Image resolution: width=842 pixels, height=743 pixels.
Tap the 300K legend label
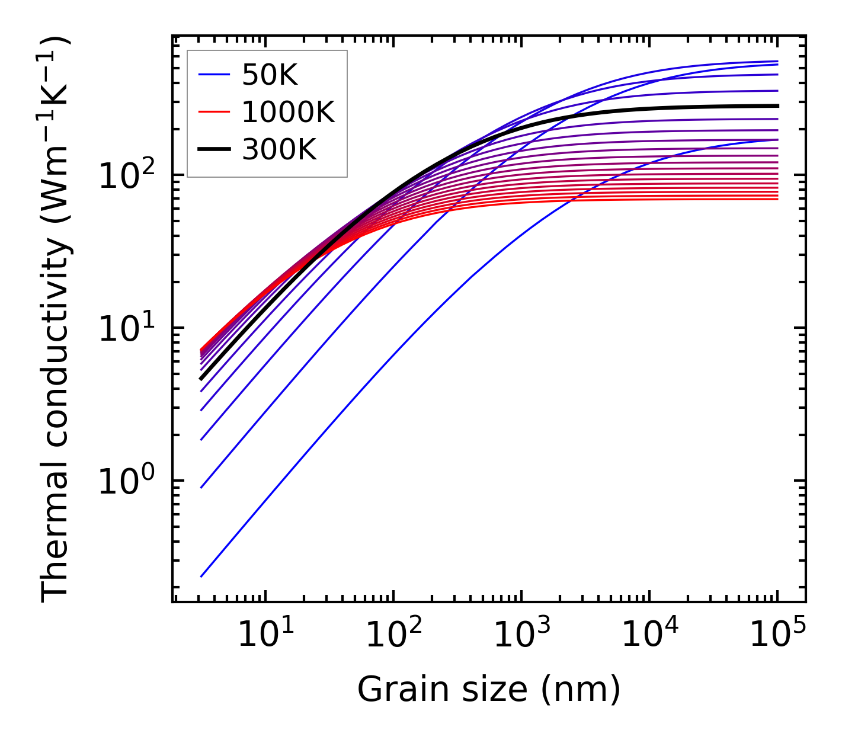coord(279,150)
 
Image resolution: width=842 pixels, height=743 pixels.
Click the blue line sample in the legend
coord(214,75)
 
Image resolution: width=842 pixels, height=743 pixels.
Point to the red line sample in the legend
coord(214,112)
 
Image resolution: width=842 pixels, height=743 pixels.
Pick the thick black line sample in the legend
coord(214,150)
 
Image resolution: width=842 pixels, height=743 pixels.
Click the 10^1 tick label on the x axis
coord(265,636)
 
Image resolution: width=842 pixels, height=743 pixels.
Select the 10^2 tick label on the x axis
coord(393,636)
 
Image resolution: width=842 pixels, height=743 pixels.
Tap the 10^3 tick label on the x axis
coord(521,636)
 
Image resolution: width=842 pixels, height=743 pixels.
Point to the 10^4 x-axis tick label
coord(649,636)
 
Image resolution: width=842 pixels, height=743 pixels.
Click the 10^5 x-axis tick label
coord(777,636)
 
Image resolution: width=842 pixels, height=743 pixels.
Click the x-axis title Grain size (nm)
coord(489,689)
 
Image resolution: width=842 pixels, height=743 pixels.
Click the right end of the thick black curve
coord(777,106)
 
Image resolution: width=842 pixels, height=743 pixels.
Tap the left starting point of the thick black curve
coord(201,379)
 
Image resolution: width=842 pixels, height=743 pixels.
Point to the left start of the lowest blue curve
coord(201,576)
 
